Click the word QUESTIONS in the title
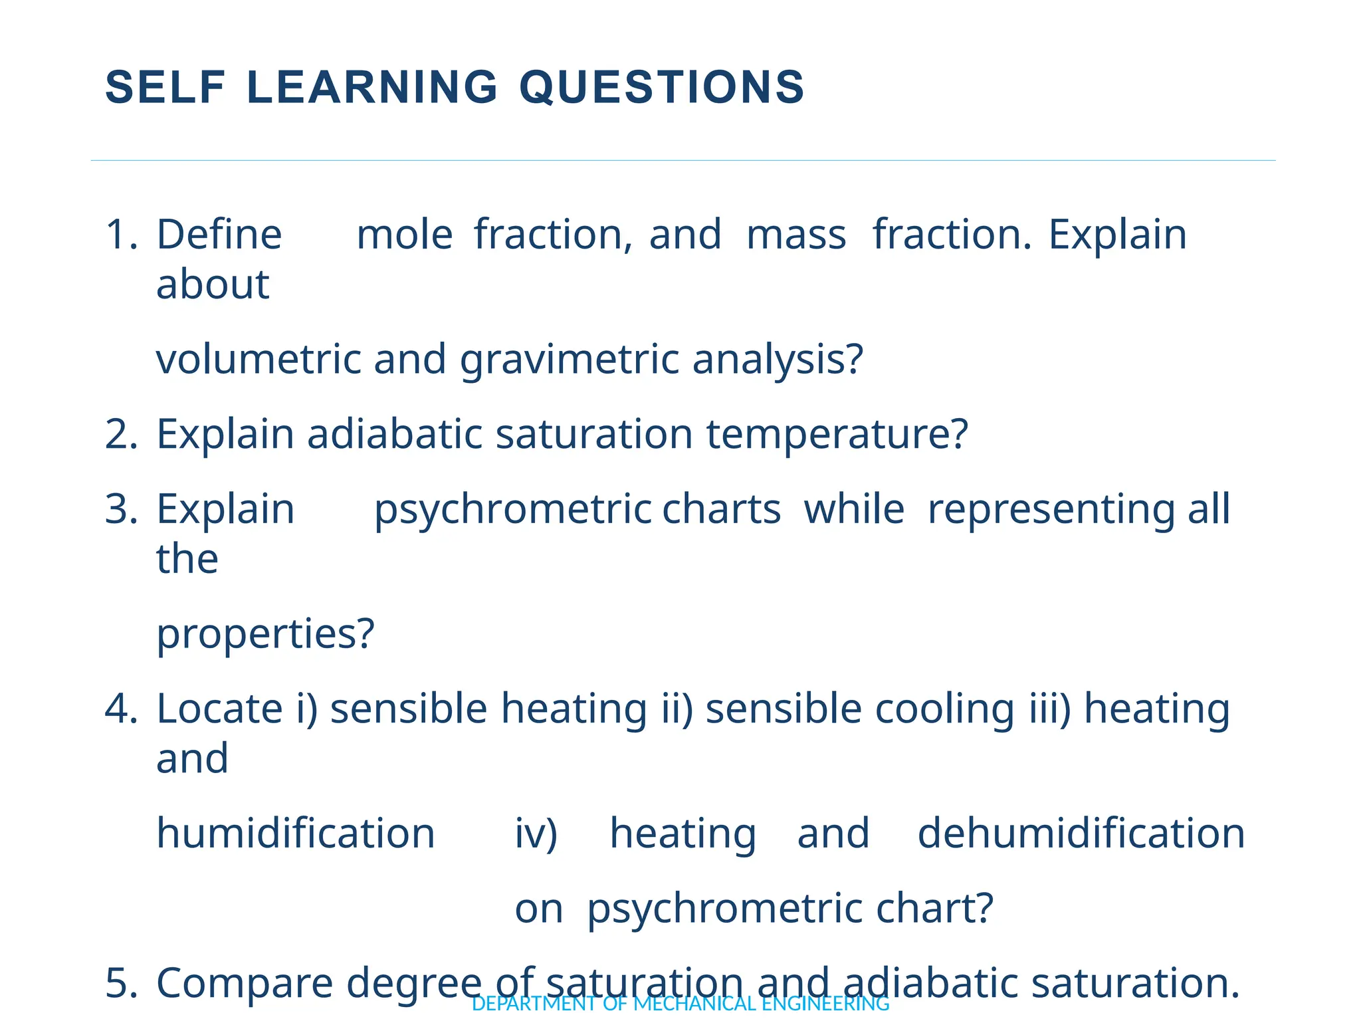(661, 87)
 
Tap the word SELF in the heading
(166, 87)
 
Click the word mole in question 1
(404, 235)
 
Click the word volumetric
(259, 360)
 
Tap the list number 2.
(121, 435)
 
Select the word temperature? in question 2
(837, 435)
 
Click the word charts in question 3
(721, 510)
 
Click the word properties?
(265, 633)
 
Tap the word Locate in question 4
(219, 709)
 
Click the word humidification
(295, 834)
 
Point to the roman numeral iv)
(536, 834)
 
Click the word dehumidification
(1081, 834)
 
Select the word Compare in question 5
(244, 983)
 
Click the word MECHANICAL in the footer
(694, 1004)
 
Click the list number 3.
(121, 510)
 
